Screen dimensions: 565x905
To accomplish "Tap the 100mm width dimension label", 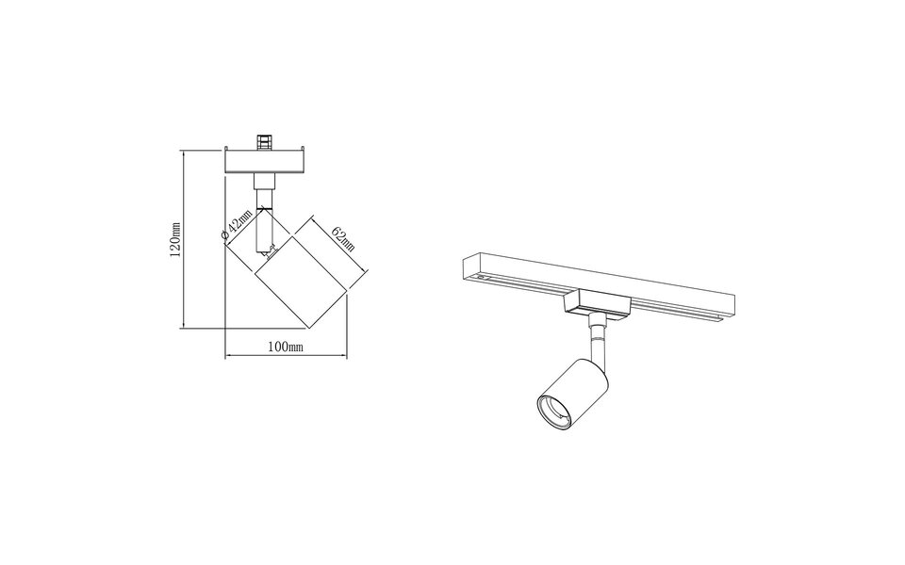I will point(284,347).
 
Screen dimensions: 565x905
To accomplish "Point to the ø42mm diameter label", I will point(237,227).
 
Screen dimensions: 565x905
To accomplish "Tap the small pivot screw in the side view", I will point(269,251).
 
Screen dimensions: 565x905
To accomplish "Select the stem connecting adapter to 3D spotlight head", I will point(595,339).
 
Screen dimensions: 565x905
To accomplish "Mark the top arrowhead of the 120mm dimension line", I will point(185,151).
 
